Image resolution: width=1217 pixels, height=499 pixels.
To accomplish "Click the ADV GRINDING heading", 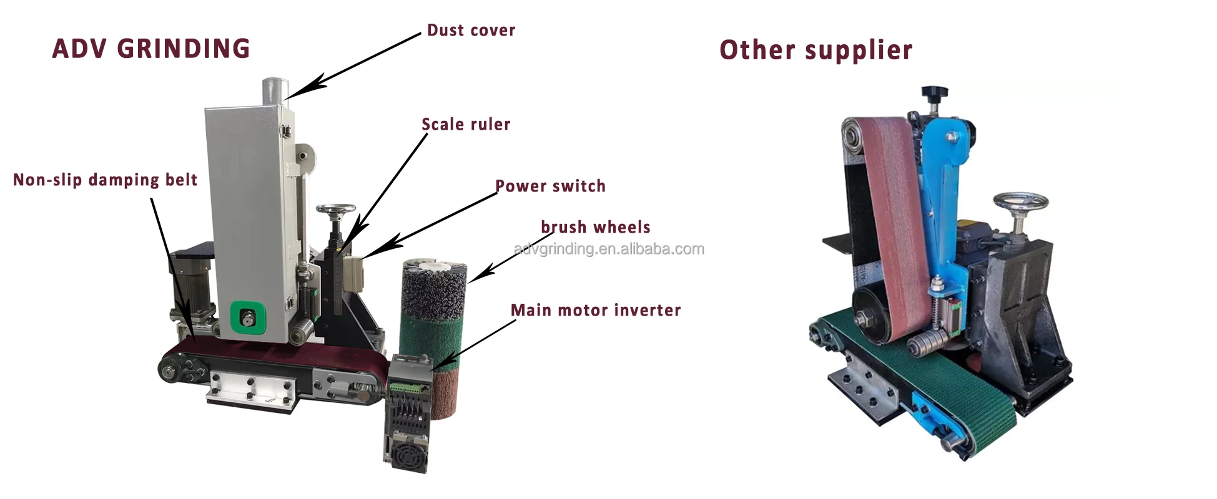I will (151, 49).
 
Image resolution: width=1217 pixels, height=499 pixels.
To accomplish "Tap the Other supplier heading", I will (815, 50).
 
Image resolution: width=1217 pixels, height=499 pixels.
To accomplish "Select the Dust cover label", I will (471, 31).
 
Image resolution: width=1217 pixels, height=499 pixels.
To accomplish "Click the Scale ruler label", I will (466, 125).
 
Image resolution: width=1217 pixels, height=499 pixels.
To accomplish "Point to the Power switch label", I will (550, 187).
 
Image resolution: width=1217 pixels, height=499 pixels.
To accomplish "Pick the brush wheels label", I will (595, 227).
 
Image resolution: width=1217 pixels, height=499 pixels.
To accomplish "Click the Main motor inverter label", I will (595, 311).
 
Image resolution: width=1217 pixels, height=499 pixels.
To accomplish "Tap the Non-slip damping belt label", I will (105, 180).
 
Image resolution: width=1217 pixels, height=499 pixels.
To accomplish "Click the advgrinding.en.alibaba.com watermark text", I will (609, 249).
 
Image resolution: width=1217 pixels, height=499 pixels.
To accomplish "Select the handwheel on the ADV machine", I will (335, 210).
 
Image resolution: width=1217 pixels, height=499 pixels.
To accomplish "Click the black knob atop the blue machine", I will (934, 94).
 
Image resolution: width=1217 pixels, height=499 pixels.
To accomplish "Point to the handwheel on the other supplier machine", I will (1020, 202).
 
